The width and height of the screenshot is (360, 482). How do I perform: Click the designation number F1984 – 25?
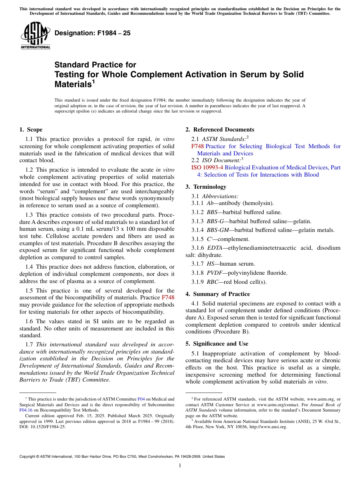coord(92,33)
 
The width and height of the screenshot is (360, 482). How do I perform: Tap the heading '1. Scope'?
coord(31,130)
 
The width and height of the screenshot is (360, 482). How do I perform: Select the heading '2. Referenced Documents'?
coord(220,130)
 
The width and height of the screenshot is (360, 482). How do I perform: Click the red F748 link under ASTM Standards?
coord(197,146)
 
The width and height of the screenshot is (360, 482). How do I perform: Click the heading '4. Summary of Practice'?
coord(218,294)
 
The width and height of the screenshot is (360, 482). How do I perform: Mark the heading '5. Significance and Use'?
coord(217,344)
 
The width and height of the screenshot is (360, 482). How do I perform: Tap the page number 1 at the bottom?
coord(180,466)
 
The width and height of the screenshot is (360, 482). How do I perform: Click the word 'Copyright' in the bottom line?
coord(29,457)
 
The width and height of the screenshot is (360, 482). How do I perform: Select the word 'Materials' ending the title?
coord(72,85)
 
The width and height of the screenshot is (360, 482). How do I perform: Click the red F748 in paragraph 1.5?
coord(168,298)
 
